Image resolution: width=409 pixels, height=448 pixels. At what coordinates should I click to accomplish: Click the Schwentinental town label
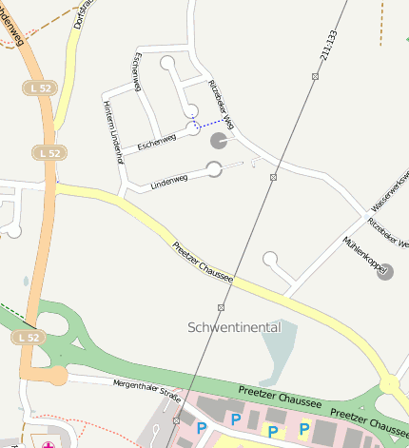coord(234,327)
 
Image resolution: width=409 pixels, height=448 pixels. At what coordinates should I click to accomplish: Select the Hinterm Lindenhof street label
coord(113,133)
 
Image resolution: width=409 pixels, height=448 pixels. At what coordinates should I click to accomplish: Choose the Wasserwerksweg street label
coord(389,190)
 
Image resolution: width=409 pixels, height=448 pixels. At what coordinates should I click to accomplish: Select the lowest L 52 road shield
coord(27,338)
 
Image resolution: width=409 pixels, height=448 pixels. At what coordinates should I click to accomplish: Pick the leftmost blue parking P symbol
coord(201,429)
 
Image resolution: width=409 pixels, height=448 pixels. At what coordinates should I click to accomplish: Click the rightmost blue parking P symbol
coord(304,430)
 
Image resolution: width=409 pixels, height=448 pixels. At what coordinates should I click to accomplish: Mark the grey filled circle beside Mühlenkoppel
coord(384,273)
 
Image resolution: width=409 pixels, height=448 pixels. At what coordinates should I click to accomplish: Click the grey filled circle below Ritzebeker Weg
coord(218,142)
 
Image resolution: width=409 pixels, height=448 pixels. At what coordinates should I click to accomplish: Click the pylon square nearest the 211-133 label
coord(315,75)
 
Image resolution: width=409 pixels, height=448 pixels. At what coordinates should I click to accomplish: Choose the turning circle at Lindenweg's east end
coord(214,169)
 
